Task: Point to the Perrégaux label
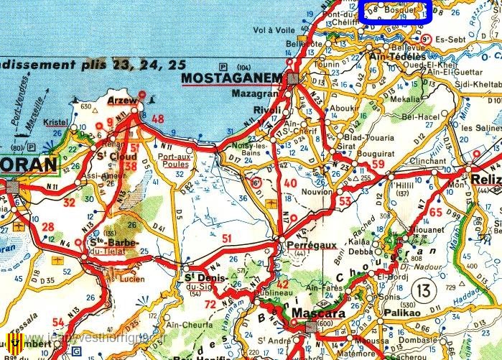(311, 245)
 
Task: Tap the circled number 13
(423, 290)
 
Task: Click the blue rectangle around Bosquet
(393, 11)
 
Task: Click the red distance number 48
(157, 119)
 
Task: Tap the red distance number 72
(210, 305)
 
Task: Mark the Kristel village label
(55, 124)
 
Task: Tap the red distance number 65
(436, 212)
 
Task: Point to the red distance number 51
(227, 239)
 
